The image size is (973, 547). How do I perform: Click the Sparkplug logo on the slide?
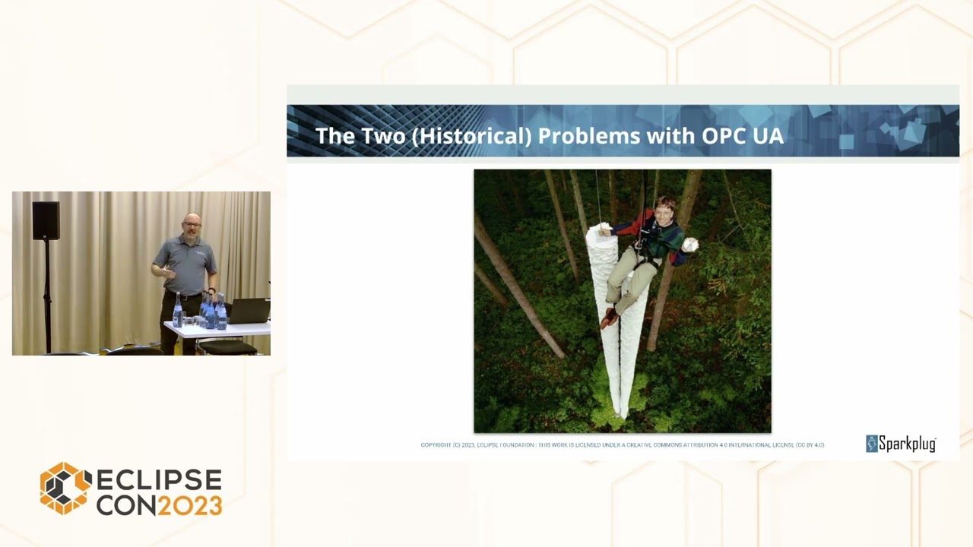point(901,444)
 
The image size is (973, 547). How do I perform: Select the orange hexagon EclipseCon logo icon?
point(65,488)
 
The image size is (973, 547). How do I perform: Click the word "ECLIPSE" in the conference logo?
point(159,481)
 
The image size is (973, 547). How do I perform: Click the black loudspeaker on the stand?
point(46,220)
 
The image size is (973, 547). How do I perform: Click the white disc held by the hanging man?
point(689,245)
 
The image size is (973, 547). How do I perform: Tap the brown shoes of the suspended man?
point(610,317)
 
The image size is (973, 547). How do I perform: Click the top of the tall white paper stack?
point(601,229)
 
